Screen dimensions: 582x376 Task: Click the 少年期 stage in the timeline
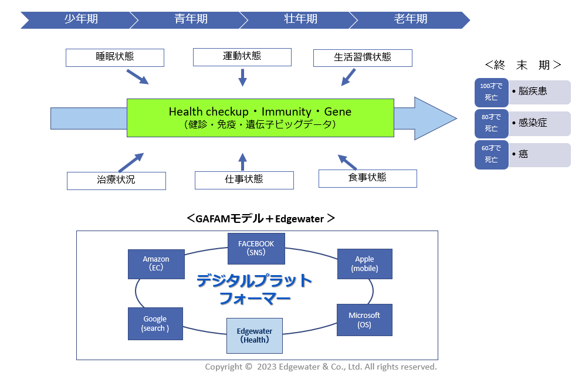[79, 20]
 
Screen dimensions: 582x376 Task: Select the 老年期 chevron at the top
[410, 20]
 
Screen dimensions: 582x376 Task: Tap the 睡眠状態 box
[115, 57]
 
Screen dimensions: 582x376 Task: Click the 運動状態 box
[242, 57]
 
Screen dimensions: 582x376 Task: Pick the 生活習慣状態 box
[363, 58]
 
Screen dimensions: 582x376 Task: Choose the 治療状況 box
[116, 181]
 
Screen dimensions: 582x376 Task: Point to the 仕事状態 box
[244, 180]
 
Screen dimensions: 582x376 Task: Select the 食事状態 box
[367, 178]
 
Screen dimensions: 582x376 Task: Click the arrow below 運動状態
[242, 77]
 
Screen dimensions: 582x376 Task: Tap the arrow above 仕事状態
[242, 162]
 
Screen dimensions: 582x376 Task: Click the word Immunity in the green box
[286, 111]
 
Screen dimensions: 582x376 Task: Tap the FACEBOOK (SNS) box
[256, 248]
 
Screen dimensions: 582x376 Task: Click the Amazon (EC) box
[156, 264]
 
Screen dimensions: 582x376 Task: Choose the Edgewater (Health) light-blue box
[255, 336]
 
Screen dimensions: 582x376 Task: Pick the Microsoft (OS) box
[364, 320]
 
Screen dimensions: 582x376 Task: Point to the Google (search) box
[155, 324]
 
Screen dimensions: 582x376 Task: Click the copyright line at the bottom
[321, 367]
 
